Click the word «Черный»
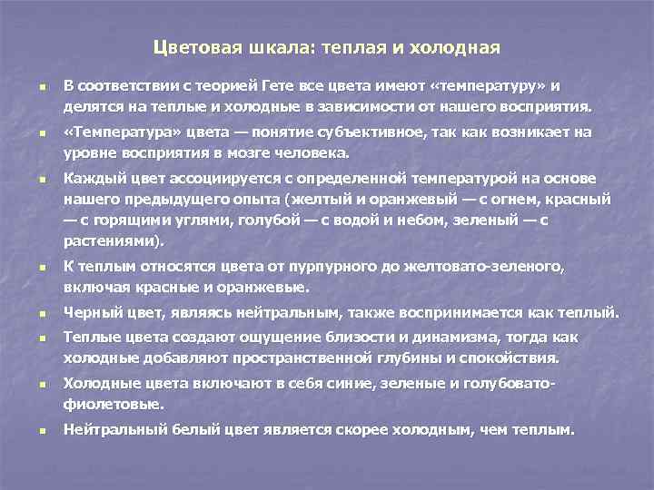pyautogui.click(x=89, y=314)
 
